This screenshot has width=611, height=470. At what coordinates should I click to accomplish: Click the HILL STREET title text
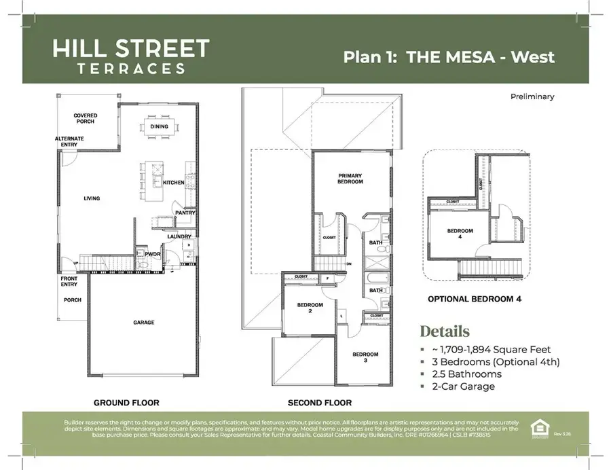coord(131,49)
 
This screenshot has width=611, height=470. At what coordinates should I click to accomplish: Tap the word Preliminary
coord(532,96)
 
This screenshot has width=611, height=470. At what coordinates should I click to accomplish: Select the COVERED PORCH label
coord(86,119)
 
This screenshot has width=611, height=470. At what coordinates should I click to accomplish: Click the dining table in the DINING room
coord(159,126)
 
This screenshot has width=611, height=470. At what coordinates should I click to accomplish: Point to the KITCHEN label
coord(174,183)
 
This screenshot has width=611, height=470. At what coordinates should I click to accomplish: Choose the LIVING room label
coord(92,198)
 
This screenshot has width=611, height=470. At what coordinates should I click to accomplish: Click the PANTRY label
coord(185,213)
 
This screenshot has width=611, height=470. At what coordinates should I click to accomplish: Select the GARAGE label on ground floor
coord(143,322)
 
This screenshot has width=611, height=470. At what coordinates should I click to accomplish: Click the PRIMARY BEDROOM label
coord(350,179)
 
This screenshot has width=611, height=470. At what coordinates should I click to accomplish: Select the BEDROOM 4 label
coord(460,234)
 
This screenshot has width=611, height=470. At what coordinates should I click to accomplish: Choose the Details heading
coord(444,332)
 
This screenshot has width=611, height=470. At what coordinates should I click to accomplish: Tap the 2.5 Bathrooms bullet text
coord(466,374)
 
